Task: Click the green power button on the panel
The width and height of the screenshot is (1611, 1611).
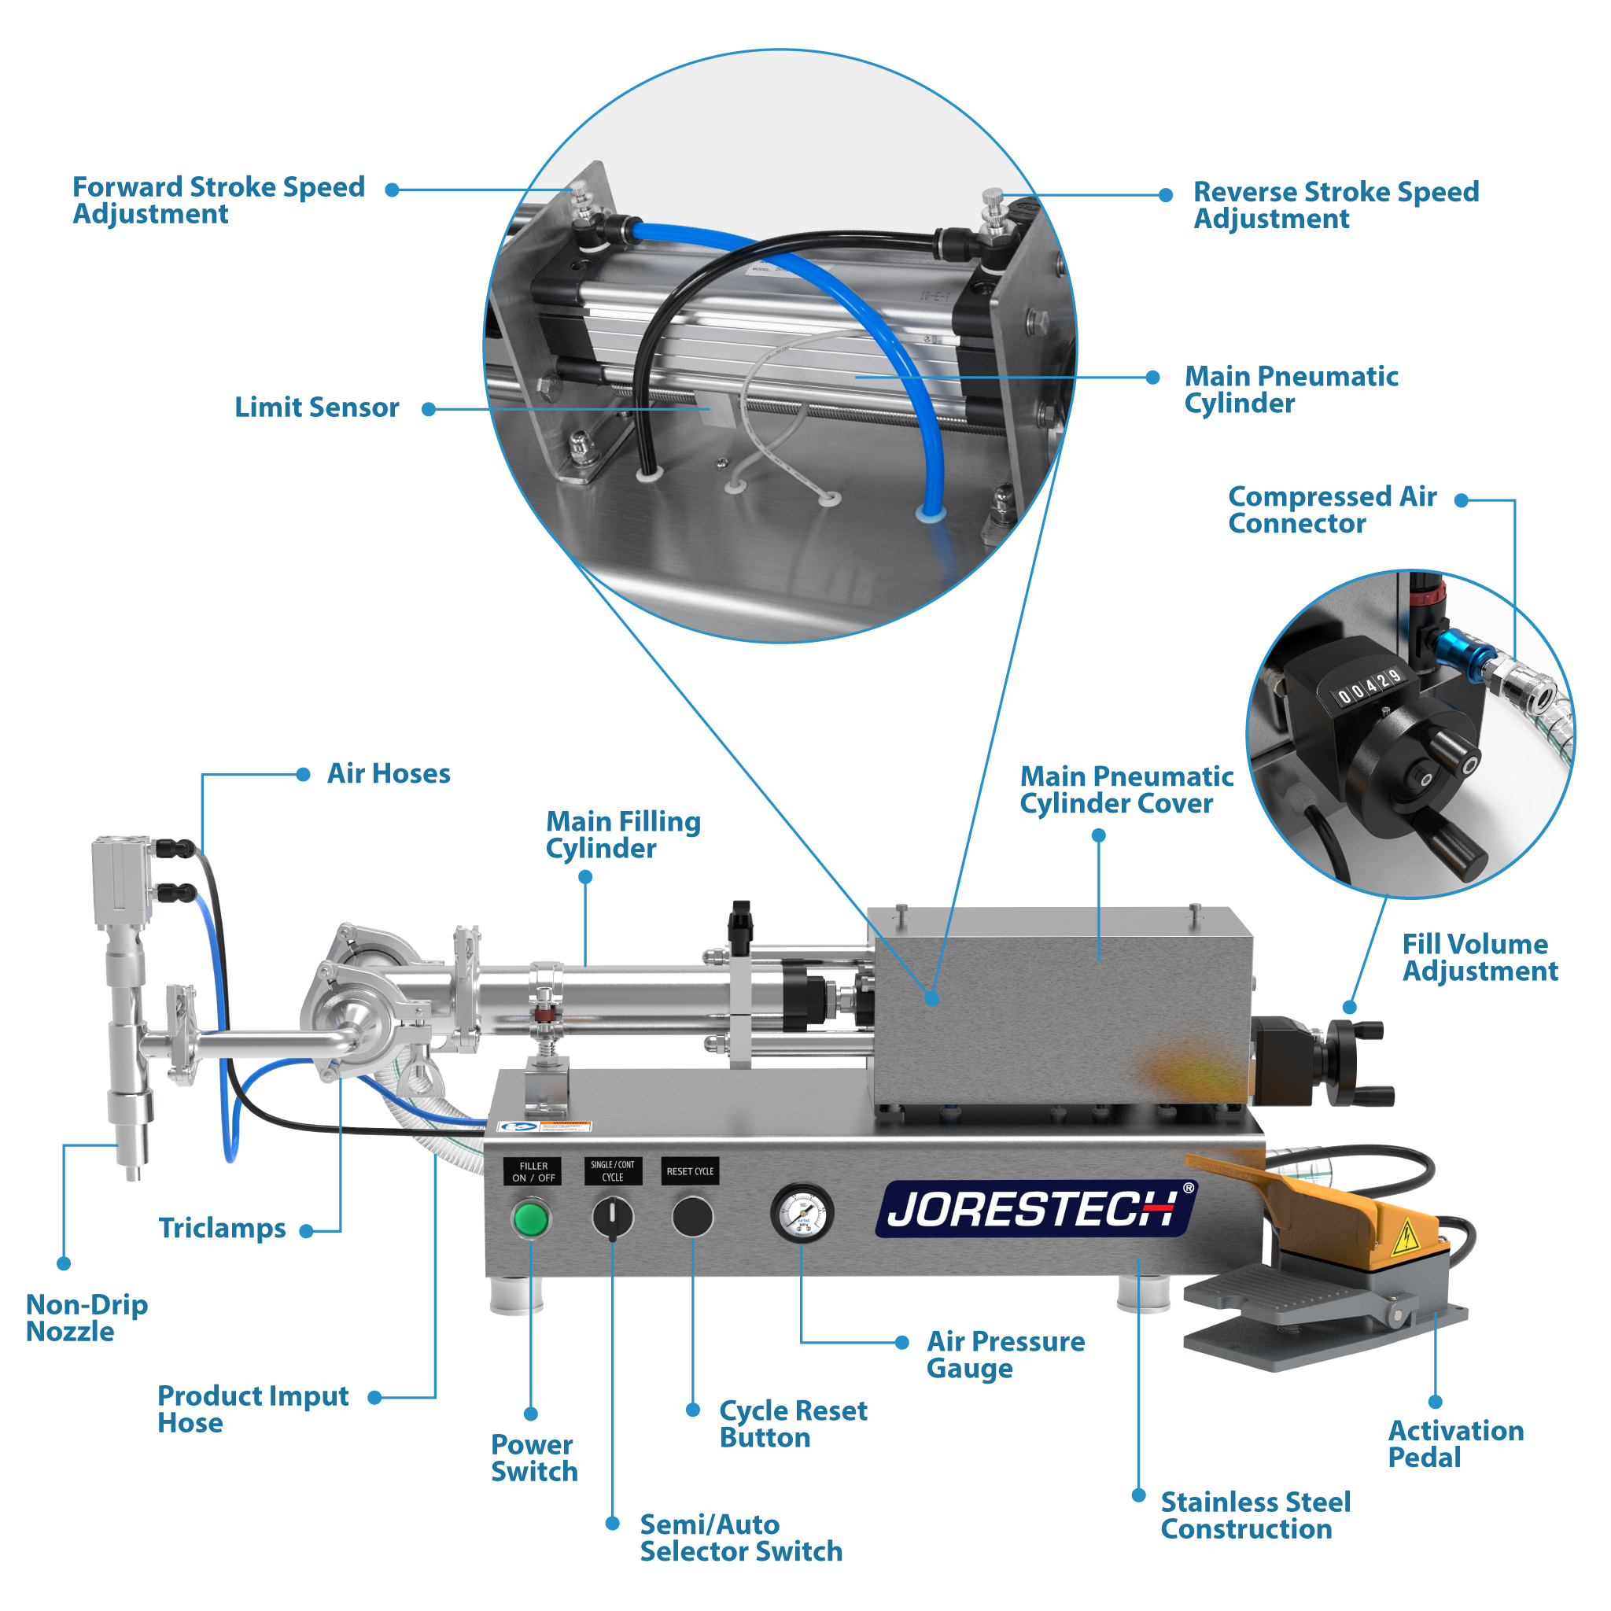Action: coord(530,1218)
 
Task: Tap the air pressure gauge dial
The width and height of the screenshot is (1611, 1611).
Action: coord(802,1213)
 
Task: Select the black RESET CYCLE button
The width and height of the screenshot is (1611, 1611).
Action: coord(692,1217)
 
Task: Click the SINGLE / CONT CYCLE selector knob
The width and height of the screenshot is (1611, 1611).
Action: coord(612,1218)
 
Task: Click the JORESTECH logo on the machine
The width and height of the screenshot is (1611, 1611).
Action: coord(1034,1208)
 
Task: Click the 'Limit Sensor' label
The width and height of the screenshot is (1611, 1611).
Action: coord(316,407)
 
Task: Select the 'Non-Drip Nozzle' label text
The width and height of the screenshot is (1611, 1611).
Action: coord(87,1318)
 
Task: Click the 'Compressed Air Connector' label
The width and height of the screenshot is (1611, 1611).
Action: coord(1331,510)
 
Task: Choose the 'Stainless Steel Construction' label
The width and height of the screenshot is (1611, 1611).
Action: coord(1254,1515)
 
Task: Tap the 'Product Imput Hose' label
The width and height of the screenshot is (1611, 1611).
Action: coord(252,1408)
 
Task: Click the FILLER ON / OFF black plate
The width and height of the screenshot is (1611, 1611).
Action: coord(533,1171)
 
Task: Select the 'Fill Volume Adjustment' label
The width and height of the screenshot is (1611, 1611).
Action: coord(1480,957)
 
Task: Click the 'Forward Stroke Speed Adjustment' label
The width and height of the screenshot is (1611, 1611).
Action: coord(219,199)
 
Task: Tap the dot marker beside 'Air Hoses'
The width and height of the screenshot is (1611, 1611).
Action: coord(304,774)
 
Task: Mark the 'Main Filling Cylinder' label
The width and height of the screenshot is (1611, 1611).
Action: coord(622,835)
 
